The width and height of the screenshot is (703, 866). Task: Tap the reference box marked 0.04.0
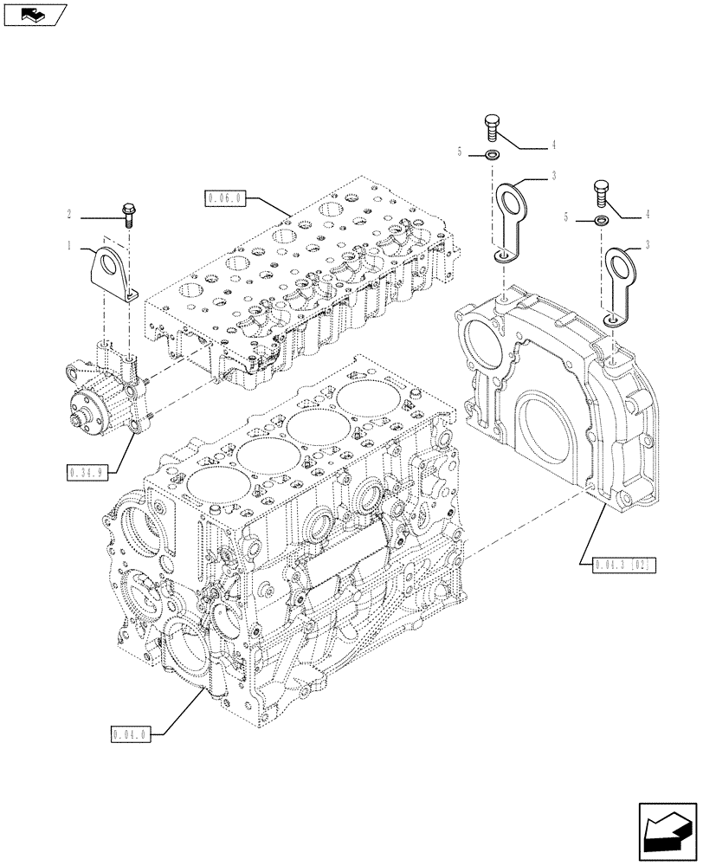[x=132, y=735]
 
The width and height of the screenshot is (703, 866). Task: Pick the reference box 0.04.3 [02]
[x=624, y=565]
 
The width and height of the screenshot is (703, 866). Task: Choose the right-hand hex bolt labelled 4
[x=603, y=190]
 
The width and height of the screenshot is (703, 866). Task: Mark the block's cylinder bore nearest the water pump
[x=209, y=481]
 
